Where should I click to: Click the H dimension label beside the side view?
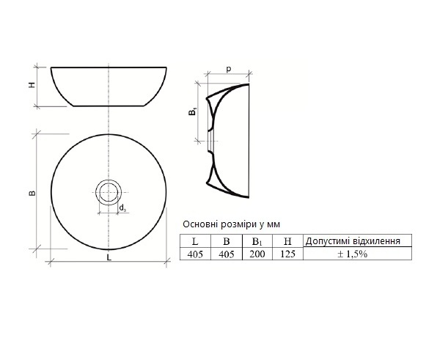pyautogui.click(x=32, y=85)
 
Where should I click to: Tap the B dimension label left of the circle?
pyautogui.click(x=32, y=193)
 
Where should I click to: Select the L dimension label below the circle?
pyautogui.click(x=109, y=257)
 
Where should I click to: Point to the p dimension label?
pyautogui.click(x=229, y=69)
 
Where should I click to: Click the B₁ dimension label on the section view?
pyautogui.click(x=193, y=111)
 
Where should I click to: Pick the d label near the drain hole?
pyautogui.click(x=122, y=208)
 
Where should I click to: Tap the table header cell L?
pyautogui.click(x=195, y=241)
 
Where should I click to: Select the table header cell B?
pyautogui.click(x=227, y=241)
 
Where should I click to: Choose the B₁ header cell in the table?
pyautogui.click(x=257, y=241)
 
